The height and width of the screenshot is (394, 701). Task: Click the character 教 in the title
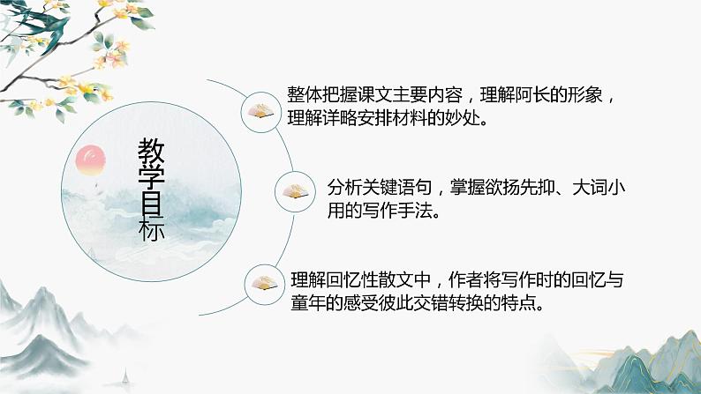[151, 152]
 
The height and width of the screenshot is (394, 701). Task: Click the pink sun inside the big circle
[92, 160]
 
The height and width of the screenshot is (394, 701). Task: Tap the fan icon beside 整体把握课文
[261, 111]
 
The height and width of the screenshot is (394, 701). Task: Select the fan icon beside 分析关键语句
[295, 190]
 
